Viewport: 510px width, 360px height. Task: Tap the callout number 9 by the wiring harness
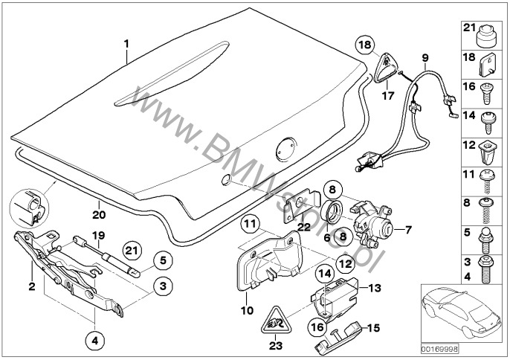point(425,58)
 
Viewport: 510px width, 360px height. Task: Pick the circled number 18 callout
point(364,45)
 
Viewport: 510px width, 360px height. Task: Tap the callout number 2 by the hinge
point(31,285)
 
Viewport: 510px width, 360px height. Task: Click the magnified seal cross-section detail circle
point(28,206)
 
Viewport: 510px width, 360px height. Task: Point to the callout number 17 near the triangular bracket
point(387,94)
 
